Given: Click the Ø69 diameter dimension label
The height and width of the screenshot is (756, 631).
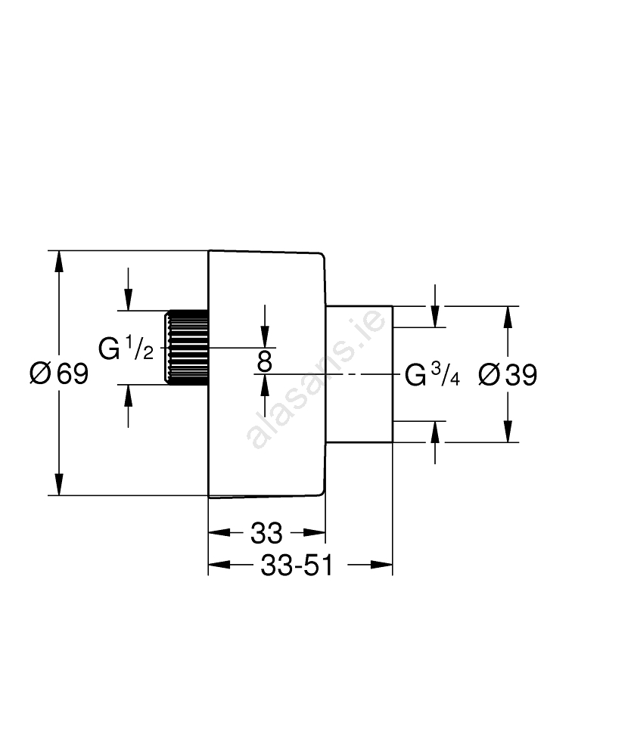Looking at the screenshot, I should pyautogui.click(x=58, y=373).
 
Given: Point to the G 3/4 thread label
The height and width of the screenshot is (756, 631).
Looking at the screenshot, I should pyautogui.click(x=432, y=375).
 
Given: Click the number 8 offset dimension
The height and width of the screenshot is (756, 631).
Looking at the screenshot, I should pyautogui.click(x=264, y=361).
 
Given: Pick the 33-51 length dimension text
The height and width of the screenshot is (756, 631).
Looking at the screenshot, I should pyautogui.click(x=297, y=565).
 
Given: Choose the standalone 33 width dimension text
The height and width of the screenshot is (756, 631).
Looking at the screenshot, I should pyautogui.click(x=266, y=534).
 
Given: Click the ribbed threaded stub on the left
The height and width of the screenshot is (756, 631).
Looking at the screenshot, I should pyautogui.click(x=186, y=348).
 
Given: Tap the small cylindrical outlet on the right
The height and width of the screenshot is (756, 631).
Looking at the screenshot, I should pyautogui.click(x=359, y=373).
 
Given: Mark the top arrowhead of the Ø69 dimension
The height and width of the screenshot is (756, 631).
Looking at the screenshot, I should pyautogui.click(x=58, y=261).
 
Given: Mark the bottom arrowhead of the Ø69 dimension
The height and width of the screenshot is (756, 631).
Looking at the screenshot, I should pyautogui.click(x=58, y=485).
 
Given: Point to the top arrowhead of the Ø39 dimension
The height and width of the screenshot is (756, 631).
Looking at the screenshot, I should pyautogui.click(x=508, y=316).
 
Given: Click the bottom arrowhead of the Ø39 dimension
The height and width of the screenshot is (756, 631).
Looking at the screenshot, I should pyautogui.click(x=508, y=432).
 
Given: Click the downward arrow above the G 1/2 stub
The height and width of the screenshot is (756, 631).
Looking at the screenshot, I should pyautogui.click(x=129, y=299).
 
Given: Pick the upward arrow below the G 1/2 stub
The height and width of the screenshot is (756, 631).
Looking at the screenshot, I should pyautogui.click(x=129, y=395).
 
